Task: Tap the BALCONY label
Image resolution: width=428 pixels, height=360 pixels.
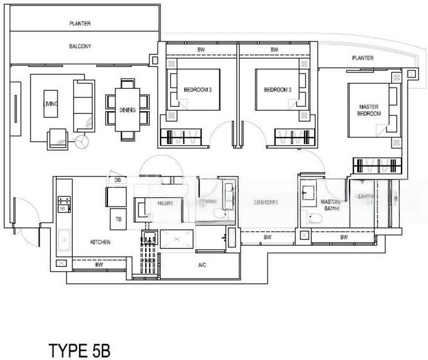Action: click(x=79, y=46)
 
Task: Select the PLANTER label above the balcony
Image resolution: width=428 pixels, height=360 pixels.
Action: click(x=80, y=23)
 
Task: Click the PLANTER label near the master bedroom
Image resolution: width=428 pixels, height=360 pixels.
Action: click(x=363, y=58)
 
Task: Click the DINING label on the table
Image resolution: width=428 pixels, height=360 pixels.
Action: click(x=128, y=110)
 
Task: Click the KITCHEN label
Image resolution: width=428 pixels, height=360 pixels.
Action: click(x=100, y=242)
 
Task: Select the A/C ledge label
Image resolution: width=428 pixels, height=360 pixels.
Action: click(x=202, y=264)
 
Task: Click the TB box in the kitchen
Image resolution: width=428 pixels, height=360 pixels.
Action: click(x=119, y=219)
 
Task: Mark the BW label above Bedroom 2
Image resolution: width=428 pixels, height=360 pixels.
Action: click(x=274, y=49)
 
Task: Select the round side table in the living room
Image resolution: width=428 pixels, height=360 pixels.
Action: click(x=83, y=142)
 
